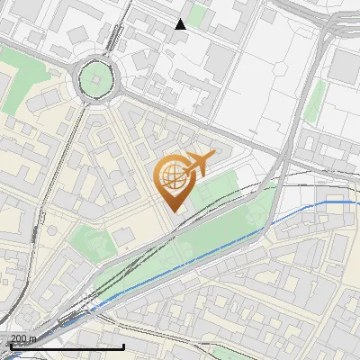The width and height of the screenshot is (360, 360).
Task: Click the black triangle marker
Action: pyautogui.click(x=181, y=24)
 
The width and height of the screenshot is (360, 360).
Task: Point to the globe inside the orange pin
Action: pyautogui.click(x=172, y=176)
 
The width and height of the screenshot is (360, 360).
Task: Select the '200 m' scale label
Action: pyautogui.click(x=24, y=337)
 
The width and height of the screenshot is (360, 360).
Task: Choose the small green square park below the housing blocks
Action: pyautogui.click(x=90, y=240)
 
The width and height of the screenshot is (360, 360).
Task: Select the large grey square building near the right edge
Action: pyautogui.click(x=345, y=65)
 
